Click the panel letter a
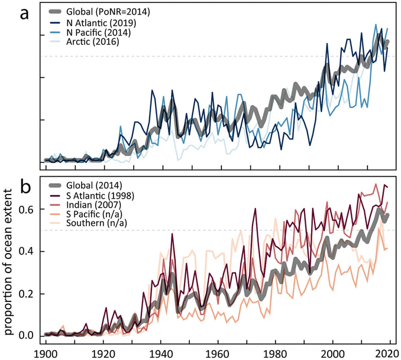[24, 14]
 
